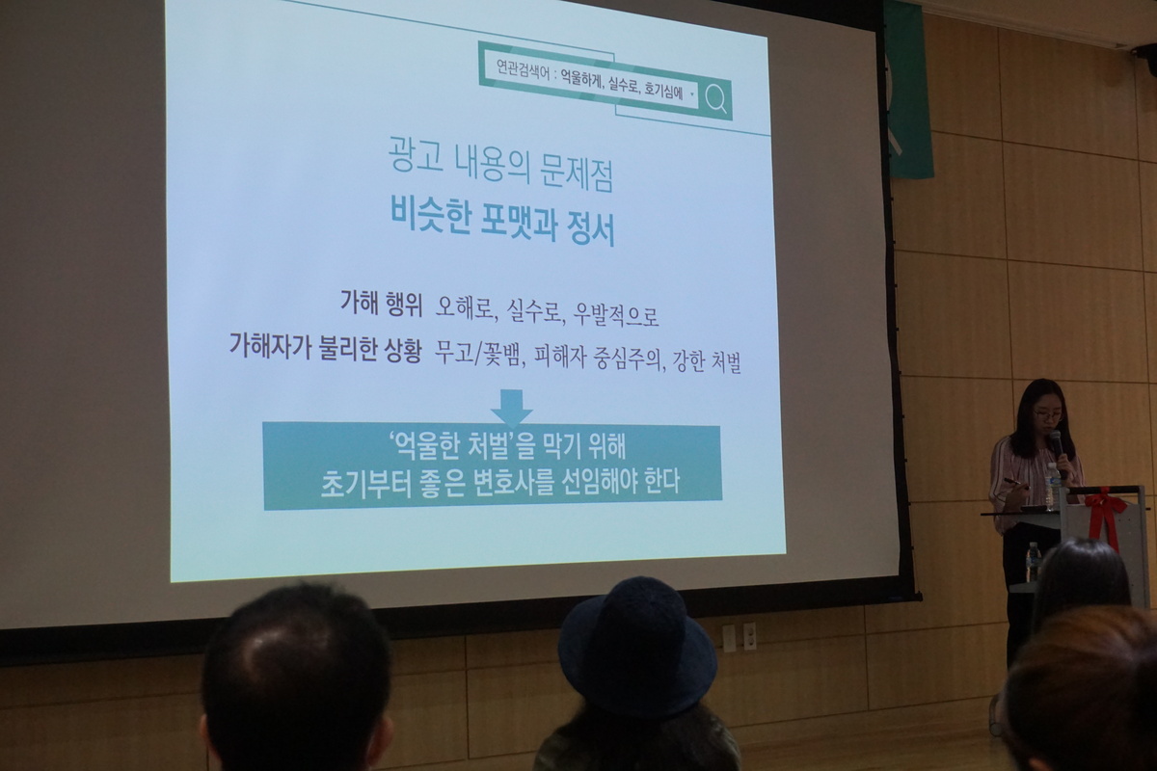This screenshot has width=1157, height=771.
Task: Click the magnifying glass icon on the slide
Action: (715, 98)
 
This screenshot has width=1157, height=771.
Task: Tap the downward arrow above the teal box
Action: (511, 408)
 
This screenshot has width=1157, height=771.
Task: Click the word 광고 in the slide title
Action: (416, 155)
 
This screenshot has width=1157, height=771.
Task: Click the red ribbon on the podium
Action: (1105, 515)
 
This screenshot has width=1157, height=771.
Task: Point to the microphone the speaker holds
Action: (1055, 446)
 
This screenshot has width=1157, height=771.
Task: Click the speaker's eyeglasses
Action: (1047, 414)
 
